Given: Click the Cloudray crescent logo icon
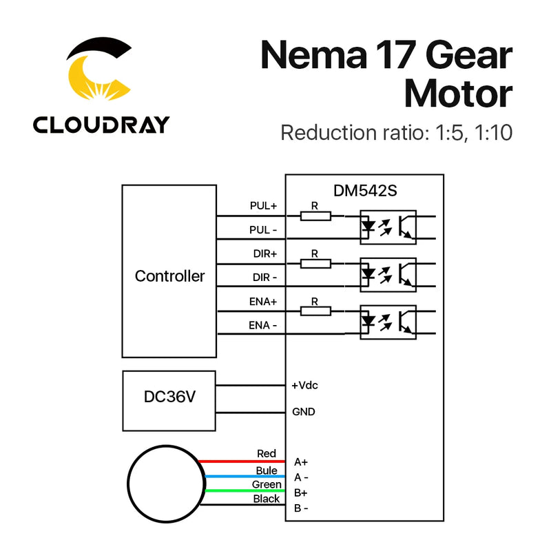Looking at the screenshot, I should click(99, 73).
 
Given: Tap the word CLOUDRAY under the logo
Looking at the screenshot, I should click(101, 125).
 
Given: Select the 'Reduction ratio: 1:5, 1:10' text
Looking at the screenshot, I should click(396, 132).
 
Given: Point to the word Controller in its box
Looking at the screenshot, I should click(169, 276).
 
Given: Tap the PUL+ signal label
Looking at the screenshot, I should click(263, 205).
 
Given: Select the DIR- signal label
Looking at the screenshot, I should click(264, 276).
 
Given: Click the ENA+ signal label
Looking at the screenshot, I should click(263, 301).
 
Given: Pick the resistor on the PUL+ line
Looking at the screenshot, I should click(315, 216).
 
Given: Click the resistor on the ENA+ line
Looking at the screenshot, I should click(315, 311).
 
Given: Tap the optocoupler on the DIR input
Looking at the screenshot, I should click(388, 274).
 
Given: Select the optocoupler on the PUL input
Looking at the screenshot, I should click(388, 227).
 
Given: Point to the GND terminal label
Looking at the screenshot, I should click(304, 412).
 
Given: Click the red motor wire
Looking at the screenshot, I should click(241, 461).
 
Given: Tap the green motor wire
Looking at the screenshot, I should click(241, 491).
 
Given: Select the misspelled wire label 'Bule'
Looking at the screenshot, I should click(267, 470).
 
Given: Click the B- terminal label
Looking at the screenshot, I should click(301, 508).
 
